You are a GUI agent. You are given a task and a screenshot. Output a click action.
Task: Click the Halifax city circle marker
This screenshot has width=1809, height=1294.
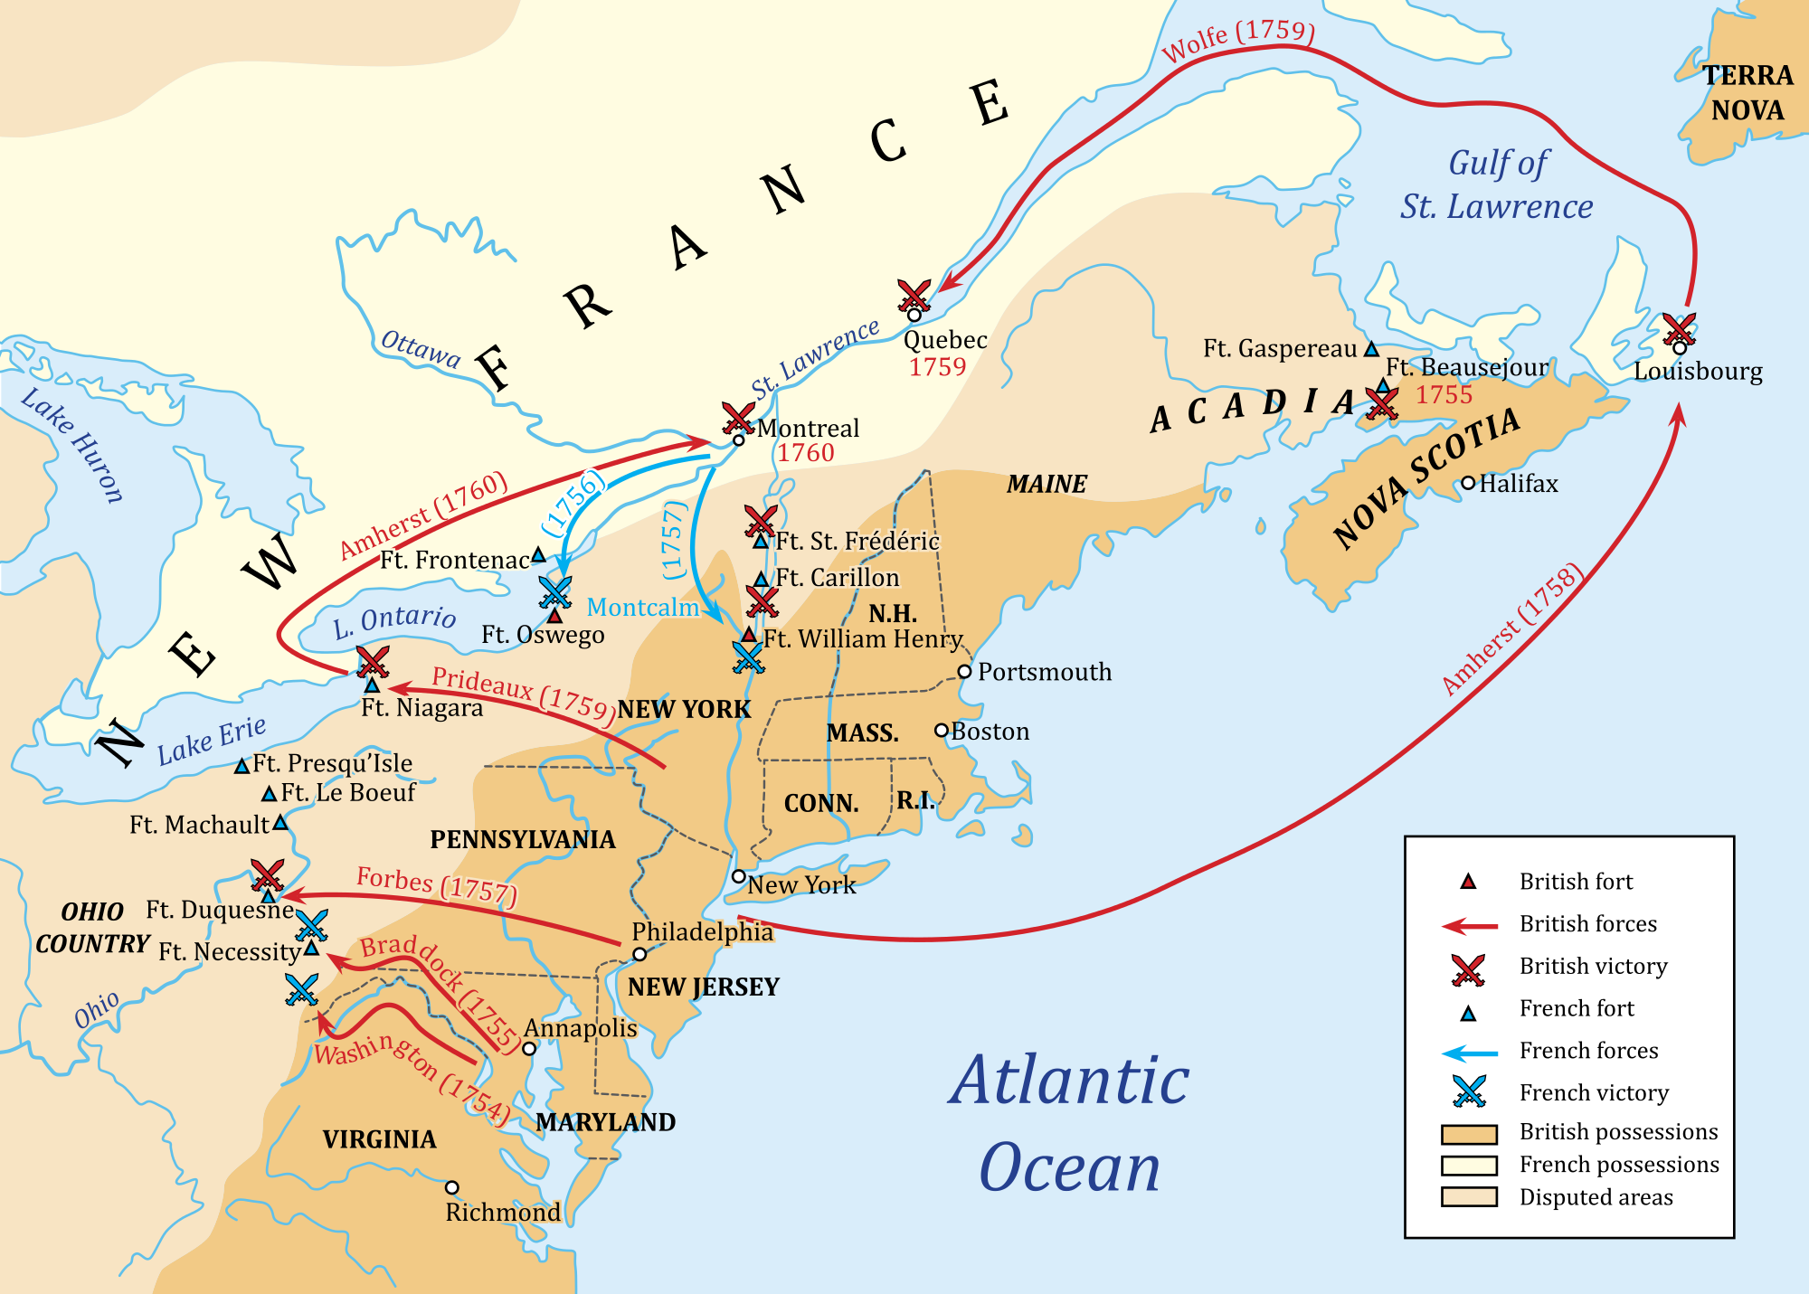(x=1468, y=483)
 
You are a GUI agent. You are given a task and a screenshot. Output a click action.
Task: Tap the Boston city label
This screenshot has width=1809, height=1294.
(x=990, y=731)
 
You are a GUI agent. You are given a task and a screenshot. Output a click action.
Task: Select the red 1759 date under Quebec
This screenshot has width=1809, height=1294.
(x=937, y=367)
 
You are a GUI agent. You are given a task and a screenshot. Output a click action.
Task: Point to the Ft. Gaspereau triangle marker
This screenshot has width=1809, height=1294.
(x=1371, y=348)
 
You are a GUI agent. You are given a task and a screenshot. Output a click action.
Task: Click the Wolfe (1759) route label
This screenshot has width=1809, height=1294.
(x=1237, y=40)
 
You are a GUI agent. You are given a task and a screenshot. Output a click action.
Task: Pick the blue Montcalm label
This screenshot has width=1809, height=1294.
(x=643, y=608)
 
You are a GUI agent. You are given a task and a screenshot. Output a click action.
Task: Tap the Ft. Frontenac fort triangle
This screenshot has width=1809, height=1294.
(x=538, y=553)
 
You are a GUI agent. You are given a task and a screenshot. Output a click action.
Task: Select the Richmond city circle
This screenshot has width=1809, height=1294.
(x=452, y=1187)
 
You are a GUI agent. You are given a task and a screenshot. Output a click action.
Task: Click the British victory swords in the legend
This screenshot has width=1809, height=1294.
(x=1468, y=969)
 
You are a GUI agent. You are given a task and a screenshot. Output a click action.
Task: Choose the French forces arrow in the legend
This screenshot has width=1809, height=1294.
(x=1469, y=1053)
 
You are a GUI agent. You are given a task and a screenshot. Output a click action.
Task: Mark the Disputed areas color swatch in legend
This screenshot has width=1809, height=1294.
(x=1469, y=1197)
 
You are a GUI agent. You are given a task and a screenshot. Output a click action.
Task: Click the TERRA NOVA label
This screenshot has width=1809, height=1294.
(x=1747, y=92)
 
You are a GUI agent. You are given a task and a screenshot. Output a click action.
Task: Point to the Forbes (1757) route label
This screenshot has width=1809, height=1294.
(x=436, y=885)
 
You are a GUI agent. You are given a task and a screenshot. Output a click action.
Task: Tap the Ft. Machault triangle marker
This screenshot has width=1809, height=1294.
(x=280, y=822)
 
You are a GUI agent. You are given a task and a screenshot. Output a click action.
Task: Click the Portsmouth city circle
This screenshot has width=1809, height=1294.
(x=964, y=672)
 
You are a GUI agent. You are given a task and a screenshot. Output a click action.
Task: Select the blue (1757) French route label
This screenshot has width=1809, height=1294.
(x=673, y=540)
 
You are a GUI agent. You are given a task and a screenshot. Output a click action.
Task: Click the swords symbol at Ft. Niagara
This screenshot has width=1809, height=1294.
(x=372, y=661)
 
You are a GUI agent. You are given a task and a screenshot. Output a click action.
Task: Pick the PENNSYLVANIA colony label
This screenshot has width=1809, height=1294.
(x=523, y=840)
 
